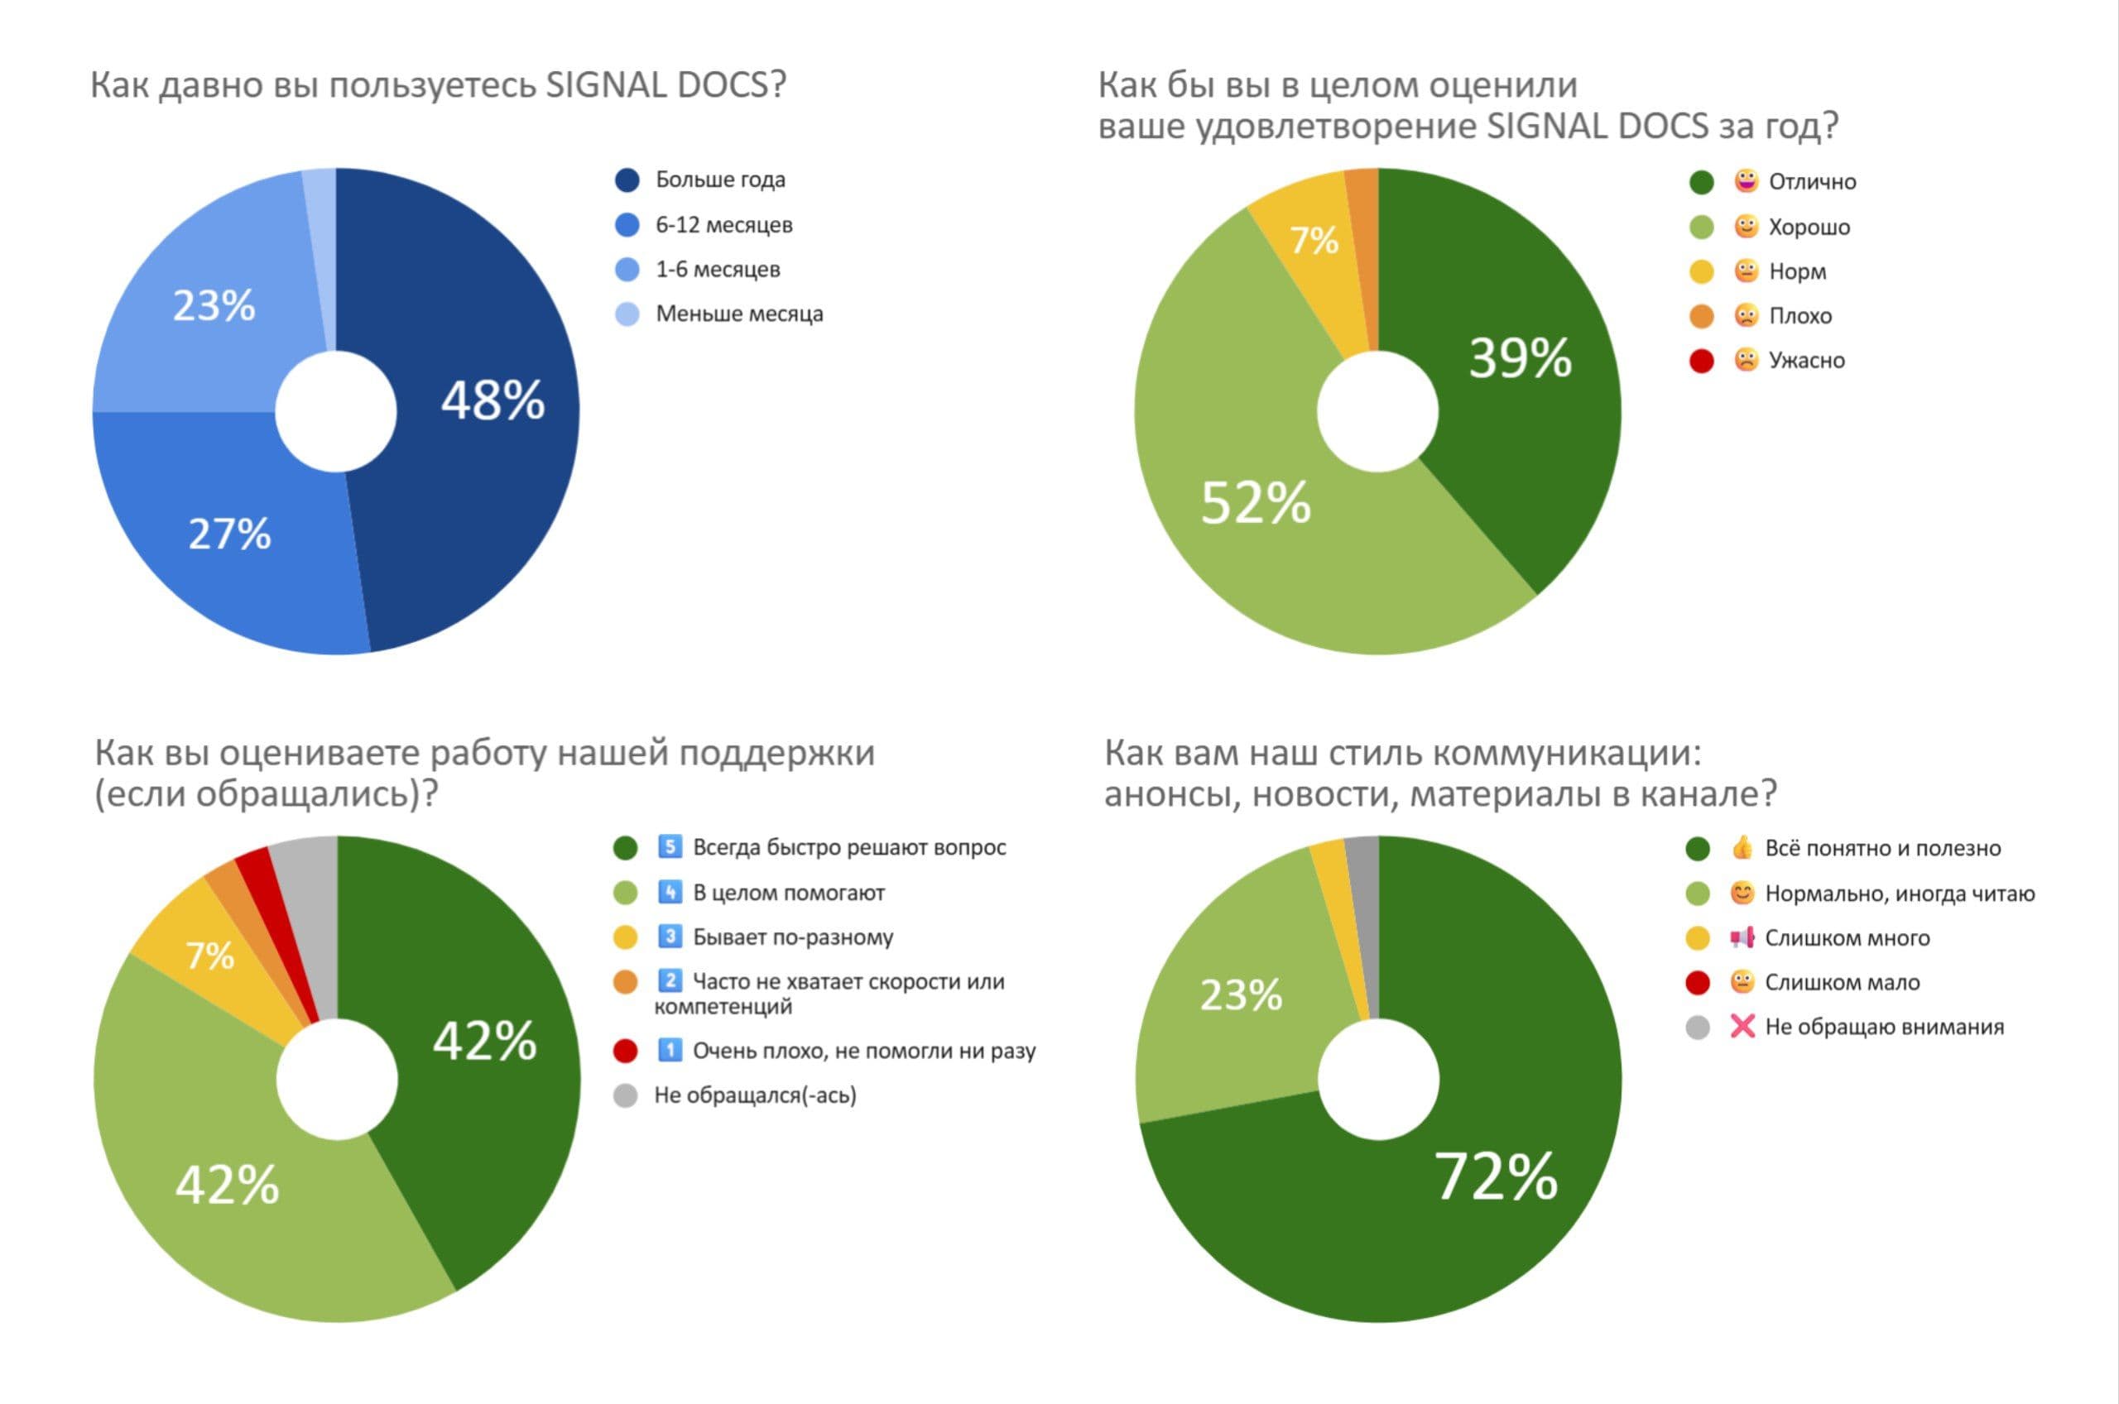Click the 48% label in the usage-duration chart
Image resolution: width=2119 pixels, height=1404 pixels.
point(493,400)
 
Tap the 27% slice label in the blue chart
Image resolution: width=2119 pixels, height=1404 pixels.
point(229,534)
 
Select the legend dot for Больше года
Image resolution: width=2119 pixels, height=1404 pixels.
point(627,180)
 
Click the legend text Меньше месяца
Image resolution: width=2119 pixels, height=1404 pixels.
point(739,314)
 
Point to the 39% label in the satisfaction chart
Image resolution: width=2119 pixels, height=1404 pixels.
point(1520,358)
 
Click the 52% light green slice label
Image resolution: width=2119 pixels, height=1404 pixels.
point(1255,502)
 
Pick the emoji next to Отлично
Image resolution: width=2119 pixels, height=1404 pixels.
point(1746,182)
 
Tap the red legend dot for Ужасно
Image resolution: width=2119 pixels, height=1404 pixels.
point(1701,361)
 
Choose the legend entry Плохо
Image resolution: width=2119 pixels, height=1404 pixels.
point(1799,316)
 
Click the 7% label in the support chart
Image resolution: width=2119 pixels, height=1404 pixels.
point(209,956)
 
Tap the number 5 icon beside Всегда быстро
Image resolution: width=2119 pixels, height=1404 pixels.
point(669,847)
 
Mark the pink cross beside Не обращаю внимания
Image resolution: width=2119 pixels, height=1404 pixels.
point(1742,1027)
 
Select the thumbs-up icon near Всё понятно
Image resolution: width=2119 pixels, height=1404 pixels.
point(1742,848)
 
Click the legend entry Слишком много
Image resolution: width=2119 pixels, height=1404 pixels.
point(1846,938)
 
